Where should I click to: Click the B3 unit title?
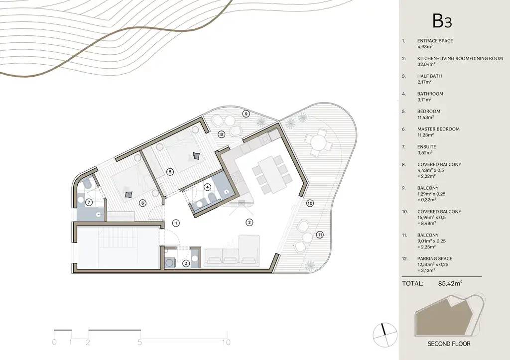point(442,21)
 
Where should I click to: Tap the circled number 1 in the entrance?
point(176,223)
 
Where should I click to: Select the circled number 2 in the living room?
point(249,223)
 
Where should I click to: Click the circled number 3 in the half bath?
point(186,263)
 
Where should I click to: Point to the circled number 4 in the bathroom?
point(207,187)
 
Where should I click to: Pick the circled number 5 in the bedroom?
point(169,172)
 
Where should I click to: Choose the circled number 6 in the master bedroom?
point(142,203)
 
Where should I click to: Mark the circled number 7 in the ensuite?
point(89,202)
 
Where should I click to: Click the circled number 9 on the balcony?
point(246,114)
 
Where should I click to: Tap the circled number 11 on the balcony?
point(320,235)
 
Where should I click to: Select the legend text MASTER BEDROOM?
point(438,129)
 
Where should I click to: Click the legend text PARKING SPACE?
point(434,258)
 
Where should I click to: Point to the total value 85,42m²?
point(450,283)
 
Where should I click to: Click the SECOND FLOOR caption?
point(449,344)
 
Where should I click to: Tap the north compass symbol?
point(385,335)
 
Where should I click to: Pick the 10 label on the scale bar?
point(227,342)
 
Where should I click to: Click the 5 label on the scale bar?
point(139,342)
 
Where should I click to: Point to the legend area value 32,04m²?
point(426,64)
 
